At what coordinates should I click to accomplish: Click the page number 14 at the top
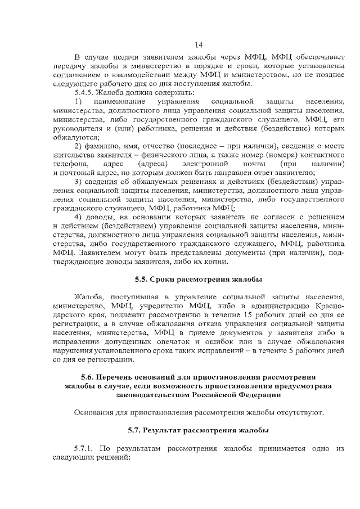coord(198,45)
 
